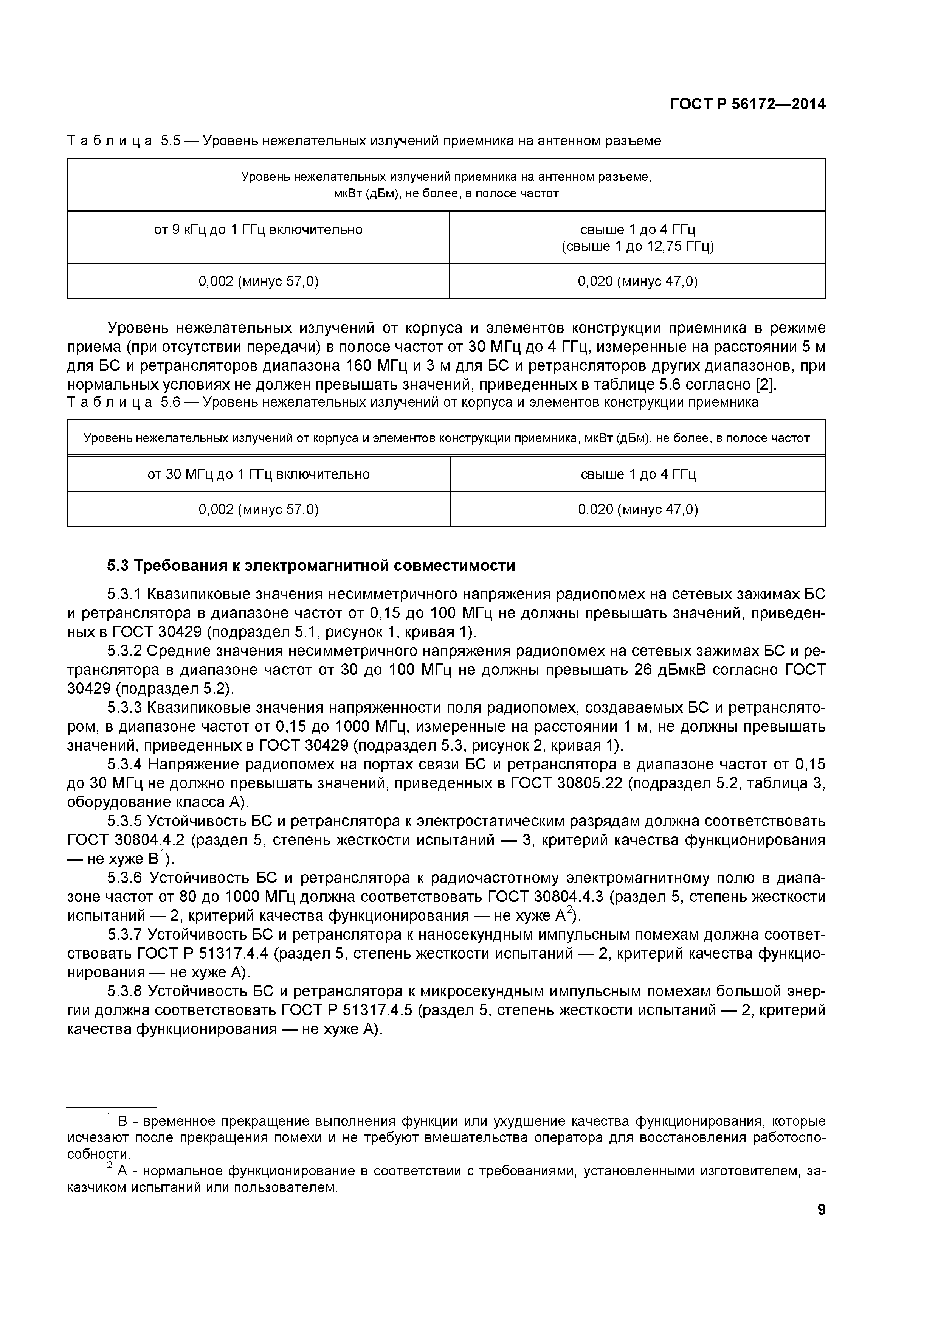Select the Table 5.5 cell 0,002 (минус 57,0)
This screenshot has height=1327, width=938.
click(258, 281)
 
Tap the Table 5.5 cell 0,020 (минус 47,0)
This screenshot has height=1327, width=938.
click(638, 281)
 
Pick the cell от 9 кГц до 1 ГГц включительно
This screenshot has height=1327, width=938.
click(258, 230)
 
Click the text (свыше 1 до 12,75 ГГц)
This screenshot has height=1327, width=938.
click(638, 246)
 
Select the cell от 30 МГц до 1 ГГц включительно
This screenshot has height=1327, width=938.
click(258, 474)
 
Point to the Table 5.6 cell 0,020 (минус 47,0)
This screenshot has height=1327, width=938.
click(638, 509)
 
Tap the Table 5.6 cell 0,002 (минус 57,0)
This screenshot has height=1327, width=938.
click(258, 509)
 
